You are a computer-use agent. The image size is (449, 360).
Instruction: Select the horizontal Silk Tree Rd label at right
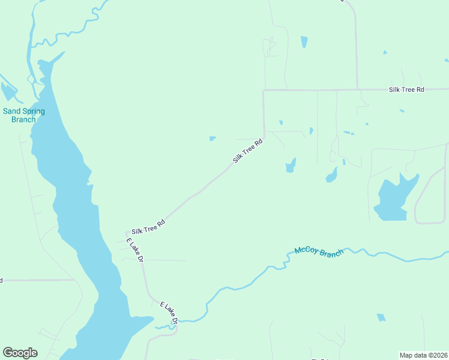point(406,89)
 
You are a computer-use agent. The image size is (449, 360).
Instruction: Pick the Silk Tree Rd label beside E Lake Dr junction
point(148,226)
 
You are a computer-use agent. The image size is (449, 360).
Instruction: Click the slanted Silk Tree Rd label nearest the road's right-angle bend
point(248,151)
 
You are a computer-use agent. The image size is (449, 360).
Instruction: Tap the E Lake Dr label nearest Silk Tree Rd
point(134,250)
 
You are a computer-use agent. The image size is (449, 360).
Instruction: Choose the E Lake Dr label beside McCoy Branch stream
point(169,313)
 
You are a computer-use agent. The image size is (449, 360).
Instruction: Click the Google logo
point(20,353)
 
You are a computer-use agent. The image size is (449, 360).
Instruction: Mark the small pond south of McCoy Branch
point(381,317)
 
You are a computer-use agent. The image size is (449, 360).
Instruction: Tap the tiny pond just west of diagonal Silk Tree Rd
point(212,139)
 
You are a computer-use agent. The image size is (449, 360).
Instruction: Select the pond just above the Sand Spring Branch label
point(8,91)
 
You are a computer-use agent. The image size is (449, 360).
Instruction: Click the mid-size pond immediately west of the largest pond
point(331,175)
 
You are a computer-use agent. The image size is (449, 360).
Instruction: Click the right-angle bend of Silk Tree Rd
point(264,91)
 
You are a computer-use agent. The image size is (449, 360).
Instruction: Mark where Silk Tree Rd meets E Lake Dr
point(127,233)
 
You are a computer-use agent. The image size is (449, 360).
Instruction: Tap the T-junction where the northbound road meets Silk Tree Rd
point(357,90)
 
